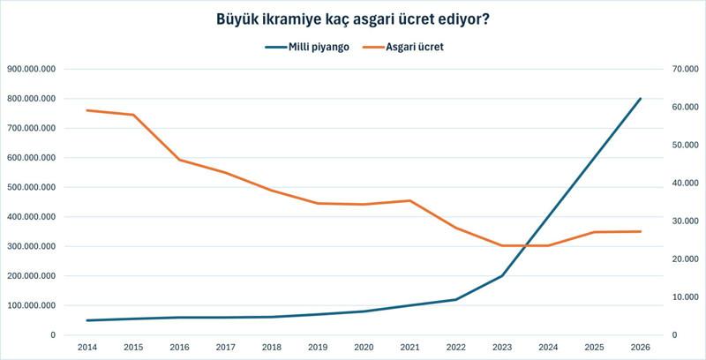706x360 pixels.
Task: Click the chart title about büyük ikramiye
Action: coord(352,18)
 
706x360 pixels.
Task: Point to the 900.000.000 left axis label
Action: coord(32,69)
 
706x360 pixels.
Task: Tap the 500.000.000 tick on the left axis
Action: coord(32,187)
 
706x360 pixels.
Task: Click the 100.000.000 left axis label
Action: coord(32,305)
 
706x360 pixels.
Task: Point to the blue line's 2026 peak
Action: coord(641,99)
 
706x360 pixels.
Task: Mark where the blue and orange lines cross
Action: coord(526,245)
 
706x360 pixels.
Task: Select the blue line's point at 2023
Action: coord(502,275)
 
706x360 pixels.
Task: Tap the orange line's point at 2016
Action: coord(179,160)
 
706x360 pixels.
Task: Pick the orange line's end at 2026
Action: coord(641,231)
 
